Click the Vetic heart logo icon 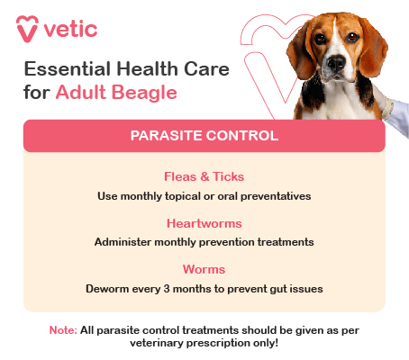(x=27, y=26)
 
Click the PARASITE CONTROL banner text (x=204, y=136)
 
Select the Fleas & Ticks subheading (x=204, y=177)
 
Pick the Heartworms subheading (x=204, y=223)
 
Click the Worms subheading (x=204, y=270)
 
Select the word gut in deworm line (x=273, y=289)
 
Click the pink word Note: (x=62, y=330)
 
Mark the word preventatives (x=274, y=195)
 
